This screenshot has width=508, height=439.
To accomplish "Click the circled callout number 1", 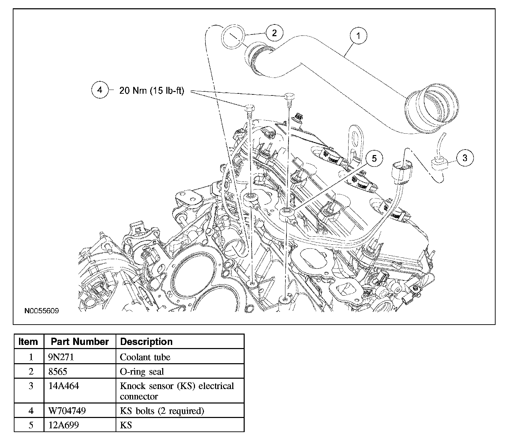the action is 358,36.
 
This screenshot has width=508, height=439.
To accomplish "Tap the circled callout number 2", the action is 274,33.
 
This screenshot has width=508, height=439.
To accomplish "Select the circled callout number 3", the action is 465,158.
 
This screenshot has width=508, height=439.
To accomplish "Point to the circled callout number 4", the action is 100,90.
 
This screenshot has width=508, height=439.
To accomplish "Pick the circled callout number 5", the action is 374,158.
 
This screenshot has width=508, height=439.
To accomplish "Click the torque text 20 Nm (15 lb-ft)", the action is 152,91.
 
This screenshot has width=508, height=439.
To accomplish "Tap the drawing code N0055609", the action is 41,311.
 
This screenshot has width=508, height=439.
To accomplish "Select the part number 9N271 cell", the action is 80,357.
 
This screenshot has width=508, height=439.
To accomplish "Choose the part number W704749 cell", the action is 80,410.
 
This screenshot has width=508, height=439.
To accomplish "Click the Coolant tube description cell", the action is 180,357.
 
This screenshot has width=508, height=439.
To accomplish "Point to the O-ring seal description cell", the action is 180,371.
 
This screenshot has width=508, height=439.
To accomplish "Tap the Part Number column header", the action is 80,341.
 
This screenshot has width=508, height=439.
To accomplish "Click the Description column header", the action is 180,341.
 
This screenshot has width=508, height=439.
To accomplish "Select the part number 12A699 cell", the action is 80,425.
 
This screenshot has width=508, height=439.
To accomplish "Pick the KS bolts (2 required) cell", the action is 180,410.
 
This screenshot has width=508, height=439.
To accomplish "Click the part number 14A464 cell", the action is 80,391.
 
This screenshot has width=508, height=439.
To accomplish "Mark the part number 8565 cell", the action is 80,371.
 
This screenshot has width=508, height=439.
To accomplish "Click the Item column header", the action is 29,341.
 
